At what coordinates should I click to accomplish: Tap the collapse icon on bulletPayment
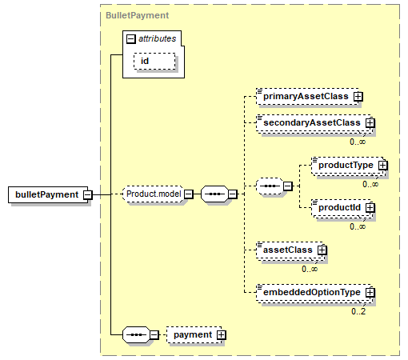click(88, 194)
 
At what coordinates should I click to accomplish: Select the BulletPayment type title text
click(137, 15)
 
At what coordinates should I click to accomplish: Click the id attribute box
click(154, 62)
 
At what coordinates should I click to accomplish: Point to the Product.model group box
click(153, 194)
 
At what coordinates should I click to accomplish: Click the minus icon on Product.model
click(189, 194)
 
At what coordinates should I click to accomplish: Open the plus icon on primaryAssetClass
click(358, 97)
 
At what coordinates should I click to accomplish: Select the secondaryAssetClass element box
click(314, 123)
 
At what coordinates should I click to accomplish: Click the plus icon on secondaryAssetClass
click(370, 123)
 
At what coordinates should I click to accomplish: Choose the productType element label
click(346, 165)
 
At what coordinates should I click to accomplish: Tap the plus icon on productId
click(370, 208)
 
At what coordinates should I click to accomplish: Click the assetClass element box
click(290, 250)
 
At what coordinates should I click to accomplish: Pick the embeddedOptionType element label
click(312, 292)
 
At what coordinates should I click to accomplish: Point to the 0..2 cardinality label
click(358, 311)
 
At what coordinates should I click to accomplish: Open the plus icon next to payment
click(221, 334)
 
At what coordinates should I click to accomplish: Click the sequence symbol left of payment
click(136, 334)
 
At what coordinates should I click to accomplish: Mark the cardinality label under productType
click(370, 184)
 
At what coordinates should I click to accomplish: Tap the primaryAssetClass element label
click(306, 96)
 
